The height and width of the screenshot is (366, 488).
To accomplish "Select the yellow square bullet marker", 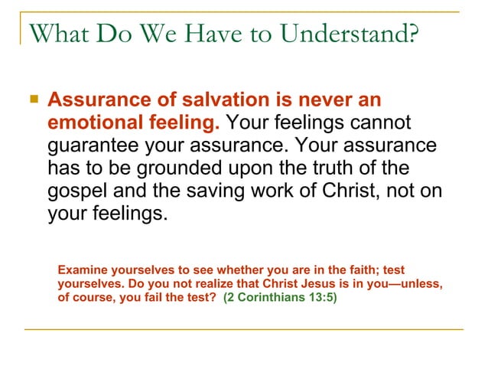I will click(x=33, y=100).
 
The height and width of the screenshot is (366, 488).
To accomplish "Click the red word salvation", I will click(x=219, y=100).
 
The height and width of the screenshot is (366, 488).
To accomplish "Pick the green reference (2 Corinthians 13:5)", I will click(x=279, y=297).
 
